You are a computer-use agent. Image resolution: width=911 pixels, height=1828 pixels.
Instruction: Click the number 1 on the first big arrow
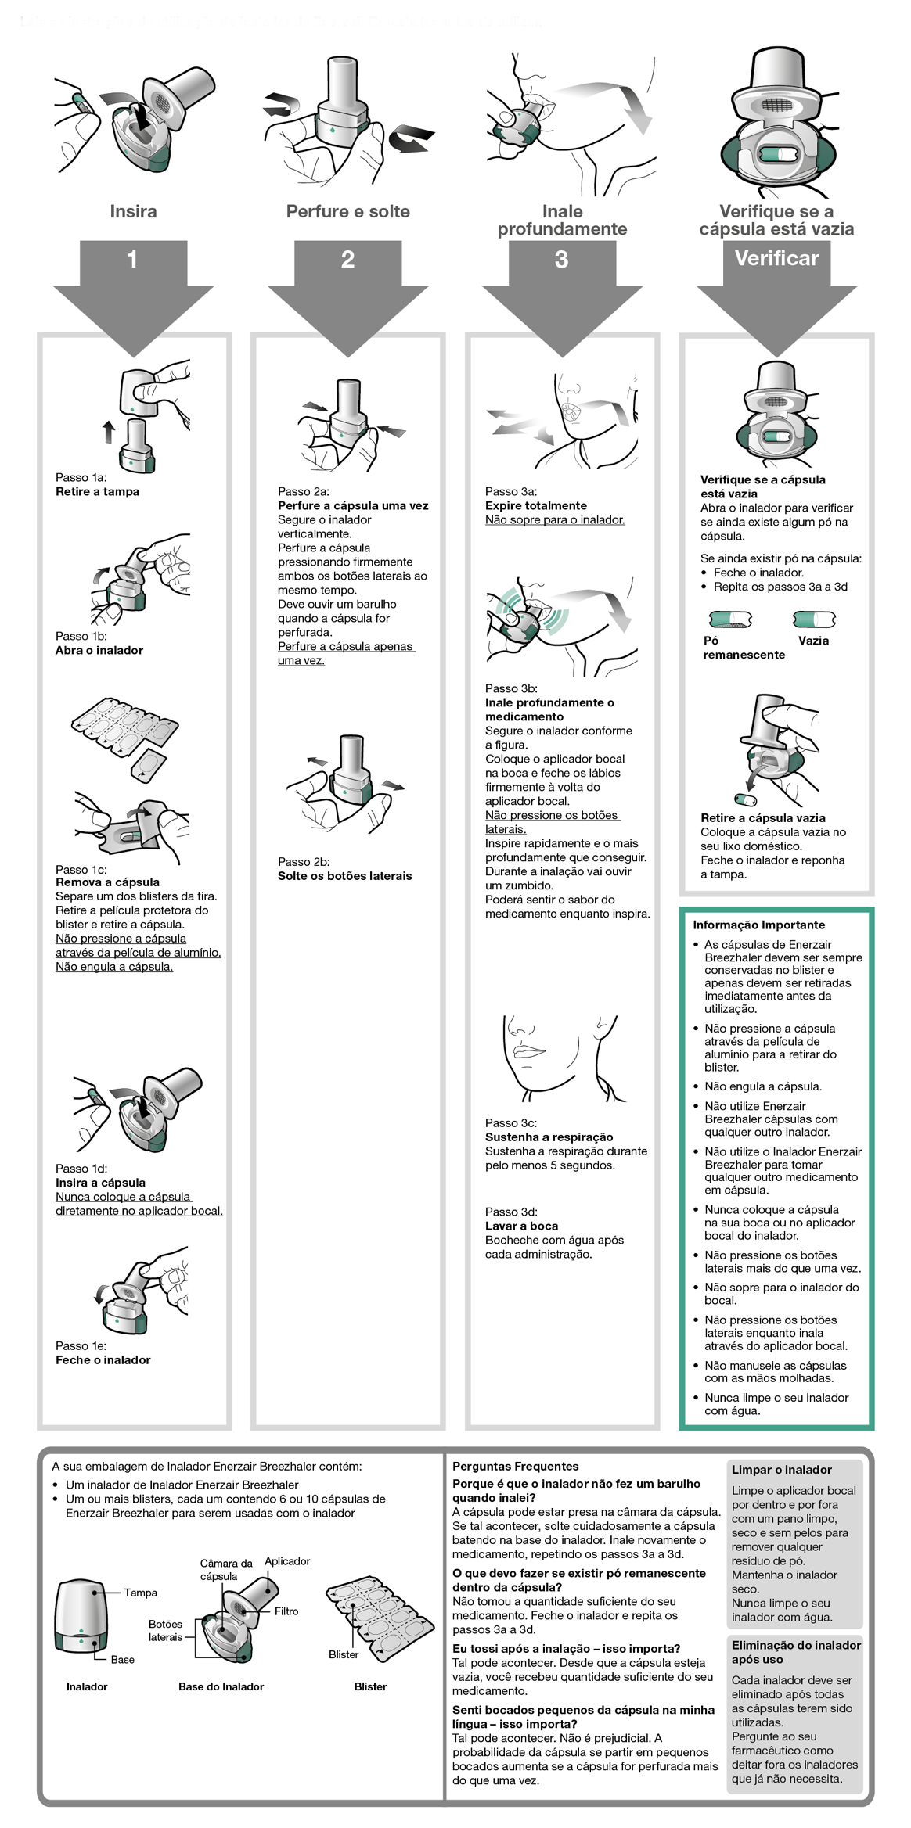(132, 259)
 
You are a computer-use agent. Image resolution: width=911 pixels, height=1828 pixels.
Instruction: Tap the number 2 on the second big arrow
(347, 259)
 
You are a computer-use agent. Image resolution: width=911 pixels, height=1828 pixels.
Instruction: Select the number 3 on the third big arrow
(561, 260)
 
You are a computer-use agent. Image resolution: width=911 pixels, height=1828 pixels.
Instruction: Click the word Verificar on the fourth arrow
(776, 258)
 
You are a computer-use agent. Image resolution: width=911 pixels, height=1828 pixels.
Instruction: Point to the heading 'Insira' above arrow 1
(133, 211)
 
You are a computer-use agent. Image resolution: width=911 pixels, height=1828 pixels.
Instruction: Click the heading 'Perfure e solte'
(347, 211)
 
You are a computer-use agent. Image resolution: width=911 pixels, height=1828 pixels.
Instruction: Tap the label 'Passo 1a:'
(81, 477)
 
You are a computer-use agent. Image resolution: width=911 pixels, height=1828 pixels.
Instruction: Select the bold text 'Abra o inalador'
(99, 650)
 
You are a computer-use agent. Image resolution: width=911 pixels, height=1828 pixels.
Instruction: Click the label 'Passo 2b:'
(304, 861)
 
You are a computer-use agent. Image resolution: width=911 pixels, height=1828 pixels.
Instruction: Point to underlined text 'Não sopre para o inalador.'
(555, 519)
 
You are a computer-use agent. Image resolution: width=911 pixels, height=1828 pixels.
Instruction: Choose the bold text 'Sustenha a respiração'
(549, 1137)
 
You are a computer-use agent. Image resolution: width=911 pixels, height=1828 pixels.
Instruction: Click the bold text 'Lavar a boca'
(521, 1226)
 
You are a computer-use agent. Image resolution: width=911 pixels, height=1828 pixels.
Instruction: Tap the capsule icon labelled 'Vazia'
(814, 620)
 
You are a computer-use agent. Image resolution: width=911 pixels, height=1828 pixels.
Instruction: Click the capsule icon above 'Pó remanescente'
(730, 620)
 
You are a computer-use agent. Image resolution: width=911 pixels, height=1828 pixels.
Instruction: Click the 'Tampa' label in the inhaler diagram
(141, 1593)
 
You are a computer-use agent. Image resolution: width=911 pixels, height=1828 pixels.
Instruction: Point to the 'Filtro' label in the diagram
(286, 1611)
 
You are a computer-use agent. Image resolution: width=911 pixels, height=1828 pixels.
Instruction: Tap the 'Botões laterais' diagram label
(165, 1631)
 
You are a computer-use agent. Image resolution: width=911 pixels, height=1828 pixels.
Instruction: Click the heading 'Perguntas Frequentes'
(515, 1467)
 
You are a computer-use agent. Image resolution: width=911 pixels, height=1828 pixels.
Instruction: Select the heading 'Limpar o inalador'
(781, 1470)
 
